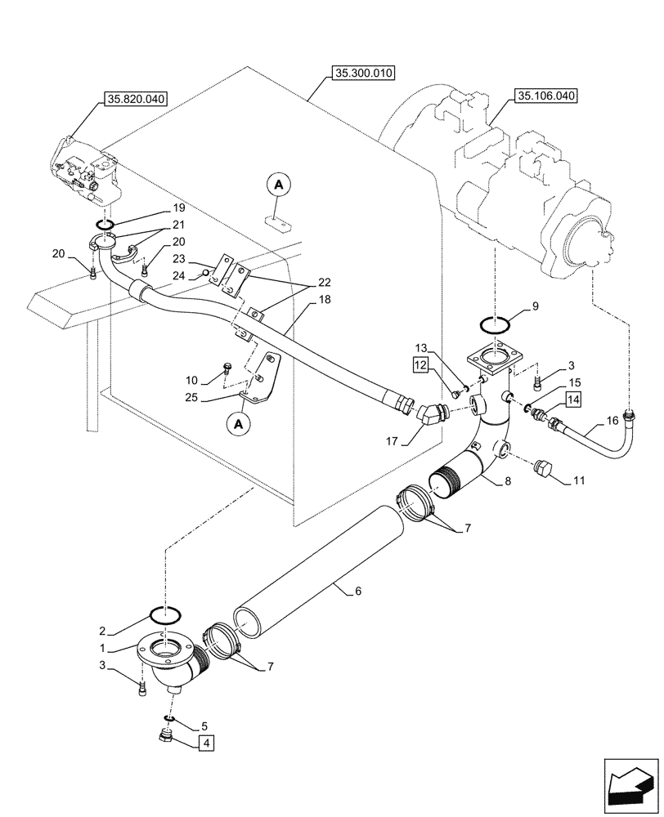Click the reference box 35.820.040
pos(135,100)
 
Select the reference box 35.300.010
pos(363,74)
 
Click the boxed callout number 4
pos(205,743)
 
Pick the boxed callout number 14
pos(572,399)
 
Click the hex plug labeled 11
pos(543,470)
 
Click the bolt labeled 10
pos(226,373)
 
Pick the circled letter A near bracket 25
pos(238,425)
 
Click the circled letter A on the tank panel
pos(279,186)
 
